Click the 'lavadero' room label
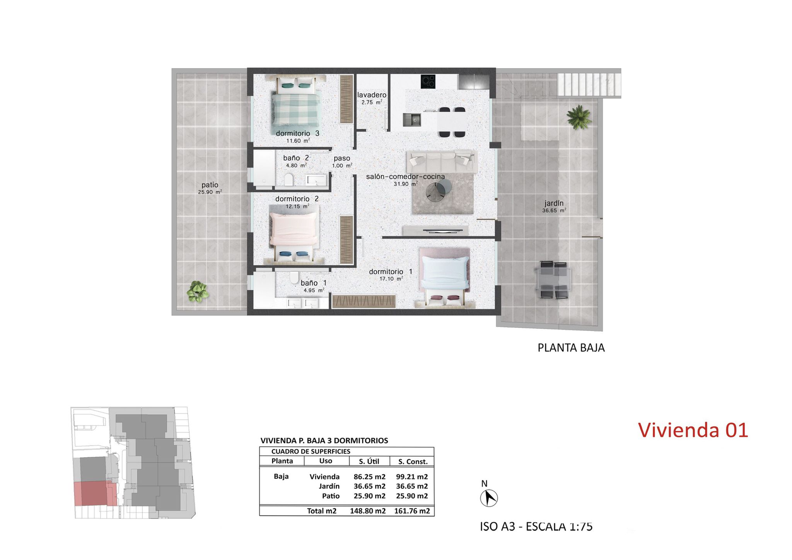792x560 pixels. click(372, 95)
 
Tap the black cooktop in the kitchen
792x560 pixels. click(428, 81)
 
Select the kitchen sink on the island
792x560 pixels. click(412, 120)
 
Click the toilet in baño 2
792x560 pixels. click(288, 180)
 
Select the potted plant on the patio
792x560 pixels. click(198, 292)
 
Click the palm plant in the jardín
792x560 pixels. click(579, 117)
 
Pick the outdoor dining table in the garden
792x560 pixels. click(554, 280)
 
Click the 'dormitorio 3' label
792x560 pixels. click(297, 133)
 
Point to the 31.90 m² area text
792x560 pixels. click(405, 184)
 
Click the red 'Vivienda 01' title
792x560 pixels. click(693, 430)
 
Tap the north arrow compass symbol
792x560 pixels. click(489, 497)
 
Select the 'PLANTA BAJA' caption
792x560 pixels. click(571, 348)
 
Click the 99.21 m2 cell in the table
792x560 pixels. click(412, 477)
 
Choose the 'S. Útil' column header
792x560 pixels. click(369, 461)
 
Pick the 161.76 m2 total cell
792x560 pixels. click(412, 511)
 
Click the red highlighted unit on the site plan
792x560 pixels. click(95, 493)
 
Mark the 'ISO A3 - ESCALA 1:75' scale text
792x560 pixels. click(536, 526)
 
